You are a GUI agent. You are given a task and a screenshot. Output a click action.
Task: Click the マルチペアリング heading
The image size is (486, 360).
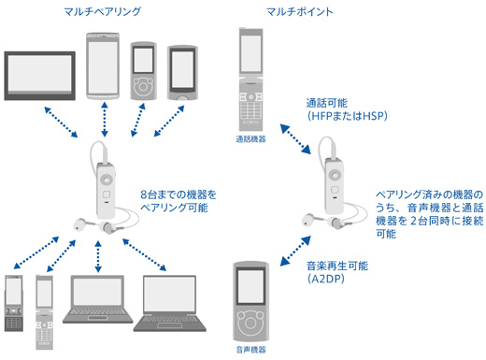pos(103,12)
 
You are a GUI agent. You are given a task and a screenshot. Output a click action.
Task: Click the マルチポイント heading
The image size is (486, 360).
pos(300,12)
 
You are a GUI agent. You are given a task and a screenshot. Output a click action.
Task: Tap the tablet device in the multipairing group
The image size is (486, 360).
pos(39,76)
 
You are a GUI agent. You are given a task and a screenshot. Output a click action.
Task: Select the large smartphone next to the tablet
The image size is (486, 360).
pos(103,65)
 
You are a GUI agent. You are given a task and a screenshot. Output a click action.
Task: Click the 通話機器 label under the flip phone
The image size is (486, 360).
pos(250,139)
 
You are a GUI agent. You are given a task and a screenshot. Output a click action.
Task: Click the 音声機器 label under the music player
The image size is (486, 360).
pos(251,350)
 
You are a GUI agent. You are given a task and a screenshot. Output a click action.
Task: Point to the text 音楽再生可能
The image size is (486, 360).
pos(337,266)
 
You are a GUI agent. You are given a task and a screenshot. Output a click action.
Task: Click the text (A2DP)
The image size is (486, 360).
pos(326,279)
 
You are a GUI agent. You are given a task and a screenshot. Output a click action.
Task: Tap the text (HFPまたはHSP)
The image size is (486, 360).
pos(348,116)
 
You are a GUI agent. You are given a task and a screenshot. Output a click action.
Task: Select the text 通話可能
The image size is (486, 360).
pos(327,103)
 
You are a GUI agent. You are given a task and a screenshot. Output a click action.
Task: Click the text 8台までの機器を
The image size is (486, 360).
pos(179,194)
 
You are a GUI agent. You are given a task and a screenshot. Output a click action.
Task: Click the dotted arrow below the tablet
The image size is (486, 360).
pos(61,122)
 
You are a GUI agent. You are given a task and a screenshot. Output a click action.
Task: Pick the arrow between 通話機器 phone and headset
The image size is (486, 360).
pos(295,138)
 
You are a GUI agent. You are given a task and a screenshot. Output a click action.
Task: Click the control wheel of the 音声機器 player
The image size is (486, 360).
pos(250,322)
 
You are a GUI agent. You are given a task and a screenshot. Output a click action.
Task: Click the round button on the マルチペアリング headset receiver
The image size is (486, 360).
pos(107,180)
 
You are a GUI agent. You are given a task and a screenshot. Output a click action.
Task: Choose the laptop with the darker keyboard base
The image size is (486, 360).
pos(170,303)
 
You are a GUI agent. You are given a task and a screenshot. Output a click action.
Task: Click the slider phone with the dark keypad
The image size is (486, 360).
pos(14,303)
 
